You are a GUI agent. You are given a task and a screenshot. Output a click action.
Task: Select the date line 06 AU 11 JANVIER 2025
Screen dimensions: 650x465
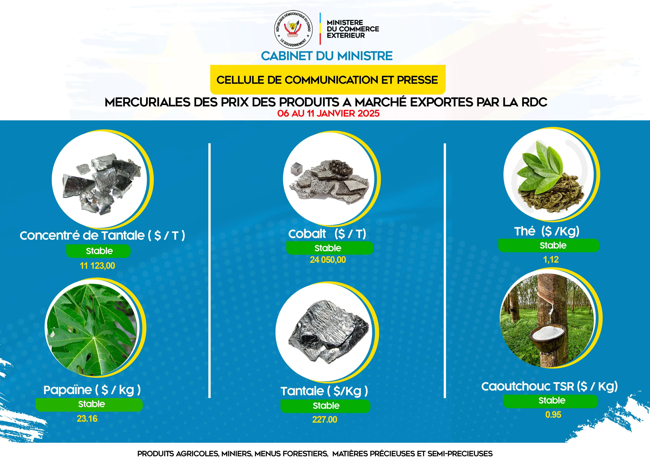[328, 113]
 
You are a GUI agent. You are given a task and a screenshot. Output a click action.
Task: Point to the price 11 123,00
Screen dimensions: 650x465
[97, 266]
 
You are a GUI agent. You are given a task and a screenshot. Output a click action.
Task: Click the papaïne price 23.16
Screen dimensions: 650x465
[87, 419]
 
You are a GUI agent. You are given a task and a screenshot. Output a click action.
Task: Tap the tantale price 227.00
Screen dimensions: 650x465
[325, 419]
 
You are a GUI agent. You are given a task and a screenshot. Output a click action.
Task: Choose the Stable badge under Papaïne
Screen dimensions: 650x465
[89, 404]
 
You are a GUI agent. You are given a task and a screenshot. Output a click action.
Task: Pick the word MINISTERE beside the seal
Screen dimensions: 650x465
[345, 22]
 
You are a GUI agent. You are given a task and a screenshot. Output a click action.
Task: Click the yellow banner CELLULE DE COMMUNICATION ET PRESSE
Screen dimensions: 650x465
[328, 80]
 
